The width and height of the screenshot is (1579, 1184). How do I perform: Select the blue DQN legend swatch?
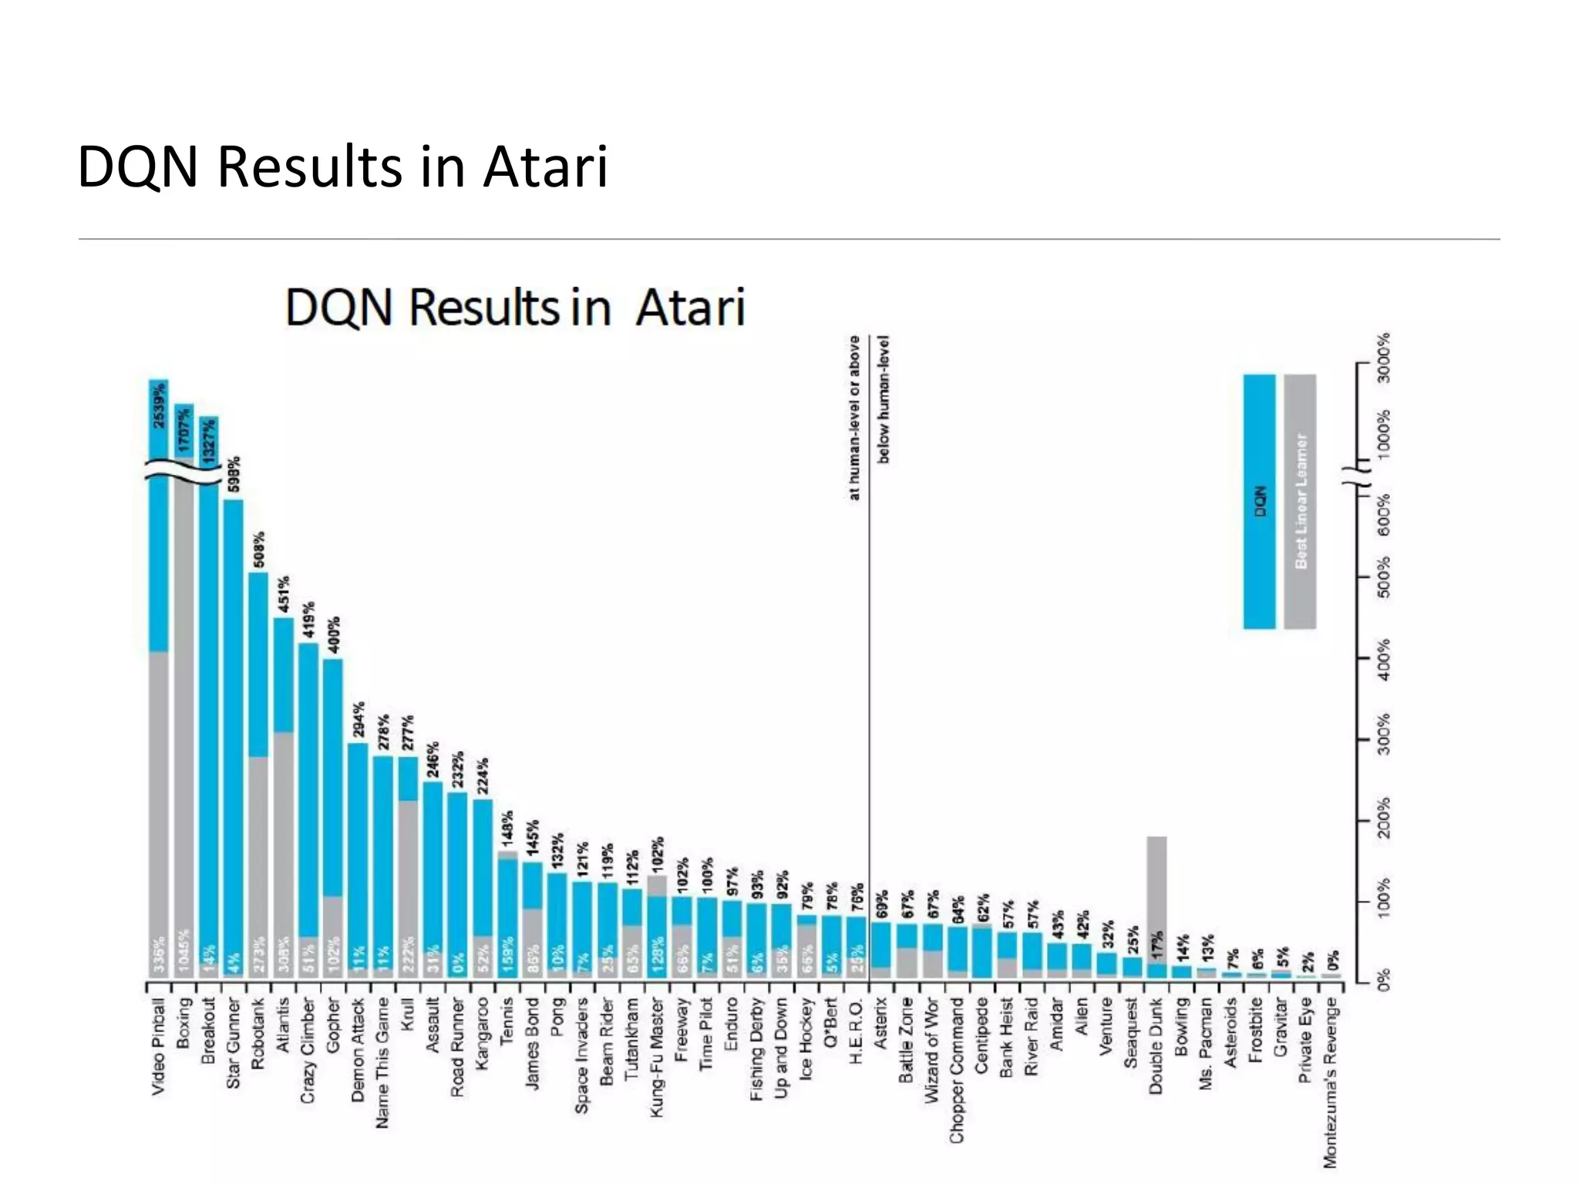pos(1259,501)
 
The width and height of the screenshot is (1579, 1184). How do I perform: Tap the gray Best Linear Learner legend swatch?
pos(1301,501)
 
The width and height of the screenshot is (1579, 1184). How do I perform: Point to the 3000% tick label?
pos(1384,357)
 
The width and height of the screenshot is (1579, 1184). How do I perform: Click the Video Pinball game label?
pos(158,1046)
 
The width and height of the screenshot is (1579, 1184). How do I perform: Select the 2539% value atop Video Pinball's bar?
pos(159,406)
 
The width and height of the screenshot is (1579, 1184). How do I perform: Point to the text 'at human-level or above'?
pos(854,417)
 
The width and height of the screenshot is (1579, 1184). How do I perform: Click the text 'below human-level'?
pos(884,399)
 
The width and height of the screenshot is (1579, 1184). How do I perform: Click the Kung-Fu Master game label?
pos(657,1057)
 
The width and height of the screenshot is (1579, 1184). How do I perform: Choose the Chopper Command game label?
pos(956,1070)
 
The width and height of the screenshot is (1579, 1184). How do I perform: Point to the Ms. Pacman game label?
pos(1205,1043)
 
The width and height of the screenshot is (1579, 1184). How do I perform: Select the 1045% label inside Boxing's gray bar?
pos(183,954)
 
